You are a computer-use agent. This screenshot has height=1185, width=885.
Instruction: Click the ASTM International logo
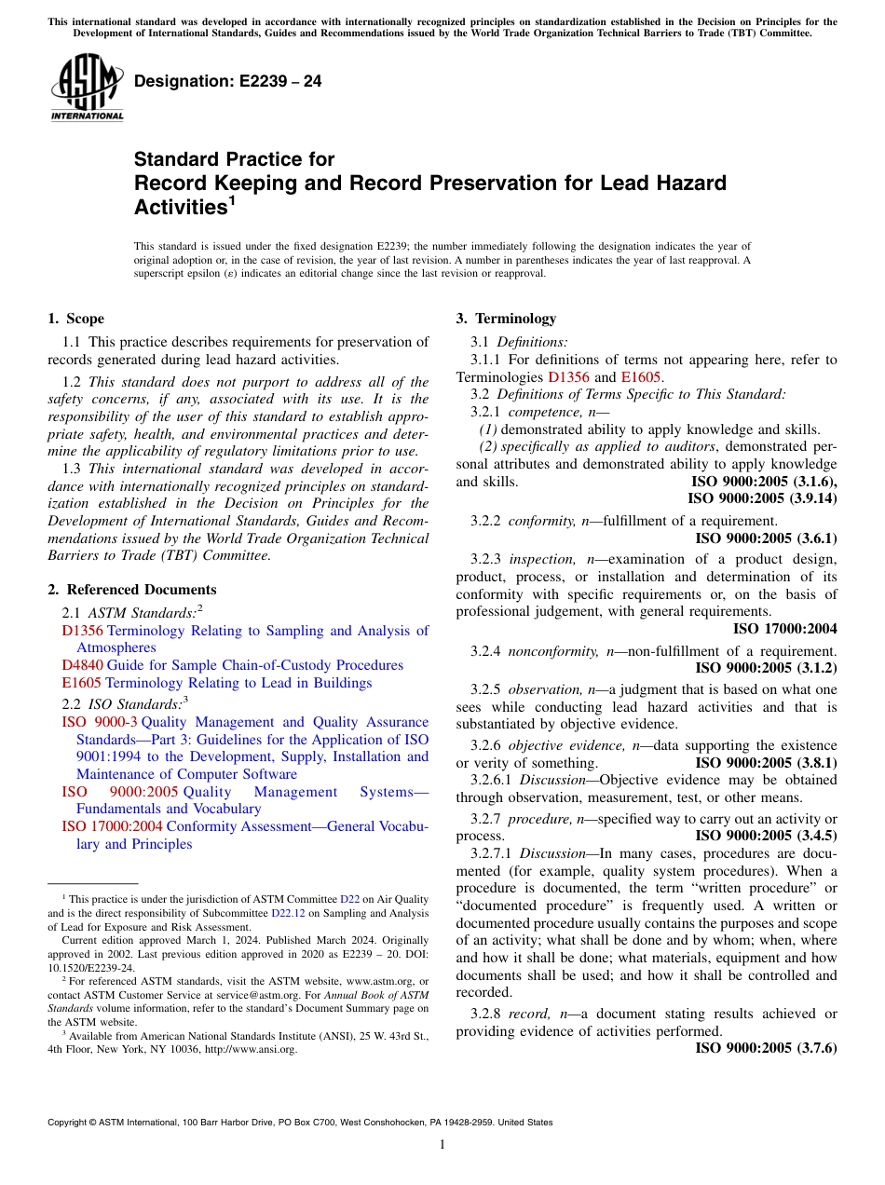tap(87, 89)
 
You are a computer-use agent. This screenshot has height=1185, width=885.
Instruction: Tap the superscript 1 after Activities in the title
tap(232, 199)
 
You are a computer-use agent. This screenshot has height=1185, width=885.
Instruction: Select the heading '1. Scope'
tap(76, 319)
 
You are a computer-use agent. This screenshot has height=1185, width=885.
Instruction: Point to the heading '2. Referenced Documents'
tap(132, 590)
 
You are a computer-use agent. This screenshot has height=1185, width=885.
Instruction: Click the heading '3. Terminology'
tap(506, 319)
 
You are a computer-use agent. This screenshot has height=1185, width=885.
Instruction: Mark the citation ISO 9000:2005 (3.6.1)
tap(766, 538)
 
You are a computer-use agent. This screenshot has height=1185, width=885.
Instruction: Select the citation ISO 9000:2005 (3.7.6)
tap(766, 1048)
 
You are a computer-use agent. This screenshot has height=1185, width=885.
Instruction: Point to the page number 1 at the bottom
tap(442, 1145)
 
